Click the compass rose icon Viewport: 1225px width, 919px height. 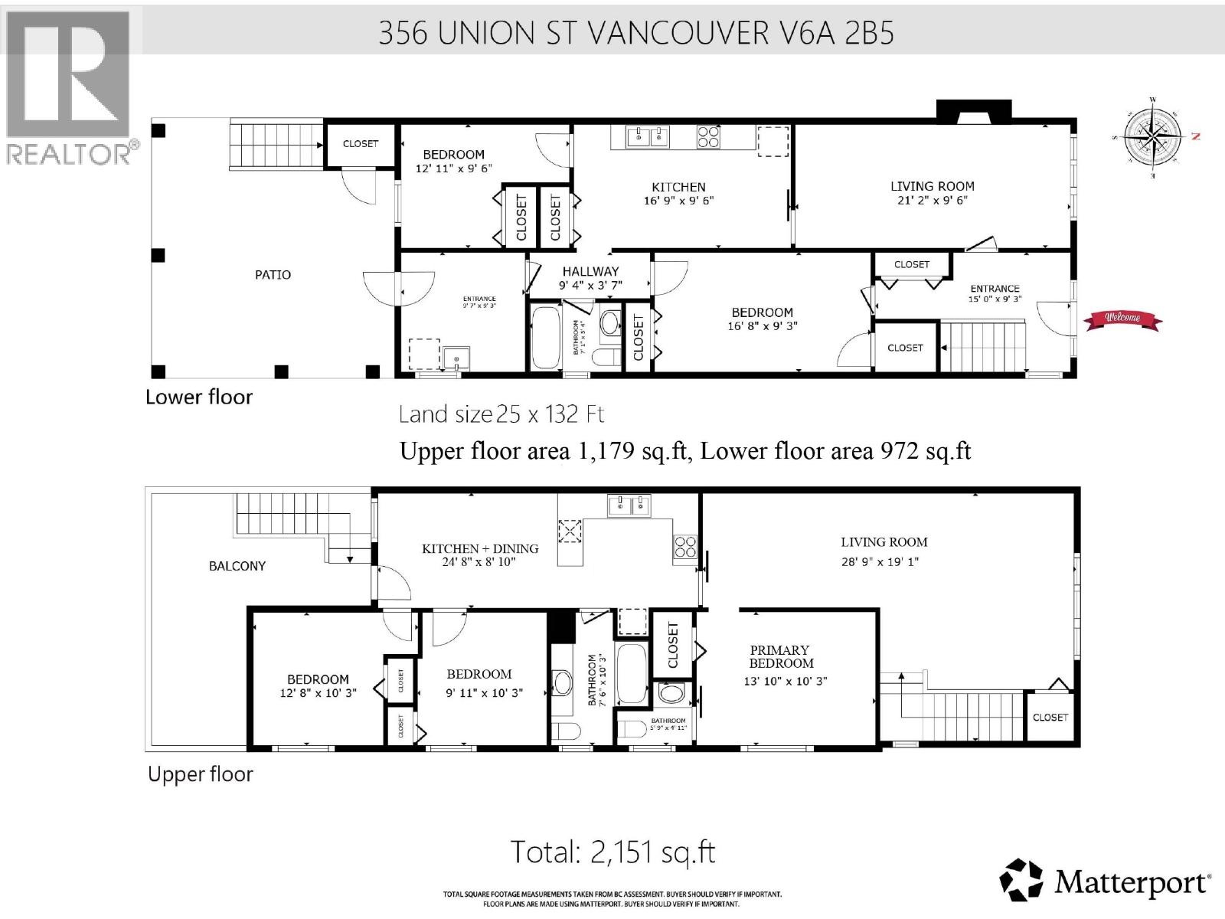click(x=1152, y=137)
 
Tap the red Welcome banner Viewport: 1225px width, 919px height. click(x=1122, y=319)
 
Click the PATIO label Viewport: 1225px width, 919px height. click(x=273, y=275)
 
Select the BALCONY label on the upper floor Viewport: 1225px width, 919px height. click(x=237, y=566)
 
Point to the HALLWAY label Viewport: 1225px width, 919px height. click(x=590, y=271)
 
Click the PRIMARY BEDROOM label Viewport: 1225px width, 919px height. click(x=781, y=656)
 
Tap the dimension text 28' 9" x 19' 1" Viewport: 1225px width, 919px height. click(x=880, y=561)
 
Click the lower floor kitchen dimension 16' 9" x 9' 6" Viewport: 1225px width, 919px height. click(x=678, y=201)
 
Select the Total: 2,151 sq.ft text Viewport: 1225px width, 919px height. click(x=612, y=852)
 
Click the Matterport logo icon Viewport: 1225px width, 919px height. click(x=1021, y=880)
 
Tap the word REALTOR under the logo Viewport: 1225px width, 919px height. click(x=69, y=154)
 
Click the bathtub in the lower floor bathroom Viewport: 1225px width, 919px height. click(x=545, y=338)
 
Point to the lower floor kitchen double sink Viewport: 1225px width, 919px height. click(x=647, y=137)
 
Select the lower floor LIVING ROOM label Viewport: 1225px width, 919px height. click(x=932, y=186)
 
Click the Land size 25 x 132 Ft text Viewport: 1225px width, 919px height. click(x=501, y=414)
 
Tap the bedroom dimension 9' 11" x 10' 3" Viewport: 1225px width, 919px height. click(x=485, y=693)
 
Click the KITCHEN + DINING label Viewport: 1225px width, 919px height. click(x=480, y=548)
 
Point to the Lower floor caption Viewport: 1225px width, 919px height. click(x=199, y=397)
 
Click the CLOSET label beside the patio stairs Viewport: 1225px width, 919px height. click(x=361, y=143)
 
